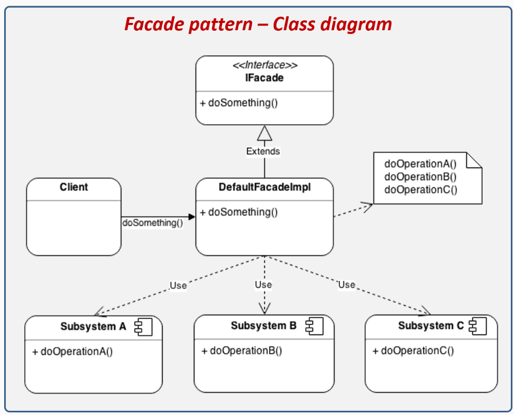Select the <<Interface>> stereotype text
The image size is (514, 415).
(265, 66)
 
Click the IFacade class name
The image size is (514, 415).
(265, 78)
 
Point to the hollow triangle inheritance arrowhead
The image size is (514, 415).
(265, 134)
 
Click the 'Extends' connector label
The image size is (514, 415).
(263, 151)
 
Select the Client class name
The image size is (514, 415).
(74, 187)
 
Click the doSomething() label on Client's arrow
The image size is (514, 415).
(153, 223)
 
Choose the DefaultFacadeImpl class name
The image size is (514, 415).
(265, 187)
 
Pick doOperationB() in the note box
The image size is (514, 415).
(420, 177)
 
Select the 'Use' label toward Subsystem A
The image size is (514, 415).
(178, 285)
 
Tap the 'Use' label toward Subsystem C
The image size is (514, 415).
(347, 285)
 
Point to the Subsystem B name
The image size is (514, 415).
(264, 326)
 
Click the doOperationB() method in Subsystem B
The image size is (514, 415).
(242, 350)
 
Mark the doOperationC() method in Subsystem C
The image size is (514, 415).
(413, 350)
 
